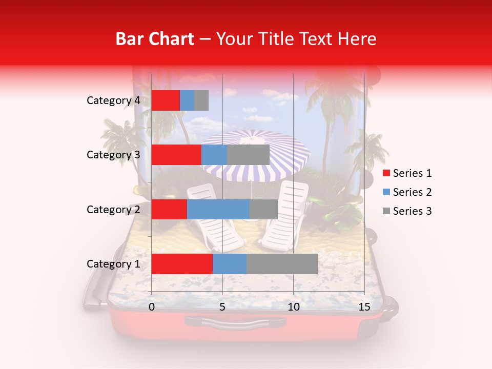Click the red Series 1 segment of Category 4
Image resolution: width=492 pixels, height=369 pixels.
click(x=166, y=100)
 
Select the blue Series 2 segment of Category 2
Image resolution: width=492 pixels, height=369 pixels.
click(x=218, y=209)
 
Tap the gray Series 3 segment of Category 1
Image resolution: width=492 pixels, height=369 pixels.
click(x=282, y=264)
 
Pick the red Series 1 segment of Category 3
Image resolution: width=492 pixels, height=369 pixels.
click(x=176, y=155)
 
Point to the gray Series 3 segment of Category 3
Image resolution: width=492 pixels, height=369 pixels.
click(x=248, y=155)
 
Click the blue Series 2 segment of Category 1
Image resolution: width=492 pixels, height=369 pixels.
click(x=230, y=264)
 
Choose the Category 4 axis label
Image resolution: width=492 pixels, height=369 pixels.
click(x=113, y=100)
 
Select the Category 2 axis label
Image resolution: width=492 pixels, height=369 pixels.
click(x=113, y=209)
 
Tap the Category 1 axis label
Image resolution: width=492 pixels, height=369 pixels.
click(x=113, y=264)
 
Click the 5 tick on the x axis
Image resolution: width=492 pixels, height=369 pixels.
click(x=222, y=307)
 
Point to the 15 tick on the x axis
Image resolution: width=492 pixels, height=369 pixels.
click(x=364, y=307)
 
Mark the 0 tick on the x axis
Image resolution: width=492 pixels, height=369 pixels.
click(x=152, y=307)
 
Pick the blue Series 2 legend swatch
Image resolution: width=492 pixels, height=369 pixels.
click(x=386, y=192)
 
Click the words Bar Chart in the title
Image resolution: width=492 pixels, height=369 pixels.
click(x=155, y=38)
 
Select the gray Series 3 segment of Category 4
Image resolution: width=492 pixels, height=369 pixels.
click(x=201, y=100)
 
